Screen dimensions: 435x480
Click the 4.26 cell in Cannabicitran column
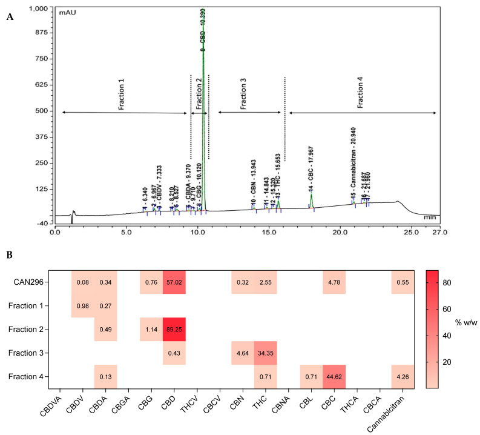pos(401,376)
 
